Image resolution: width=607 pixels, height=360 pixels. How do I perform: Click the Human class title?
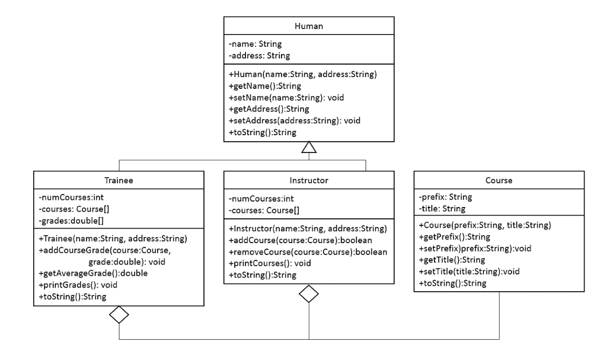[308, 27]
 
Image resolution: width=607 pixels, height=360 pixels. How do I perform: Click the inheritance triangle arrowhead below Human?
[309, 148]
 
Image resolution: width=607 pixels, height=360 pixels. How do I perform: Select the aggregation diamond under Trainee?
[119, 314]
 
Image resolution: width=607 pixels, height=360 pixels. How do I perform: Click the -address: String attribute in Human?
[259, 55]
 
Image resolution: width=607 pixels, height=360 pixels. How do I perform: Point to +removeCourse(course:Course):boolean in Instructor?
[308, 251]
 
